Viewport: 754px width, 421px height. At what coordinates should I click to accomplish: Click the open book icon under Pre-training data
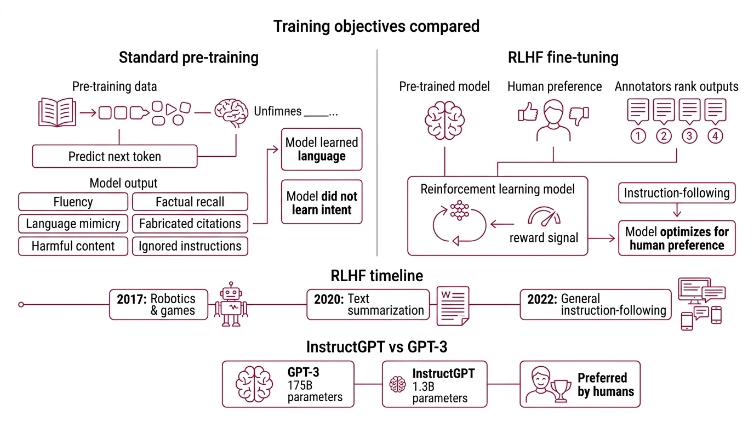pos(58,112)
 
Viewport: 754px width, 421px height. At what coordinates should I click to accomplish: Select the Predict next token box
pos(115,156)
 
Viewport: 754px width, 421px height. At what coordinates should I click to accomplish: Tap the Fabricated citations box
pos(190,224)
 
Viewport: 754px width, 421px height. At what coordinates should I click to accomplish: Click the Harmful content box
pos(73,246)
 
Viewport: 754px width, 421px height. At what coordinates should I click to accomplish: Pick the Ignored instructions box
pos(190,246)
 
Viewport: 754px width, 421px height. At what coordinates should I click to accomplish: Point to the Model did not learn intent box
pos(322,202)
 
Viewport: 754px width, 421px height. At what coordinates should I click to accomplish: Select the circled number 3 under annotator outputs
pos(689,135)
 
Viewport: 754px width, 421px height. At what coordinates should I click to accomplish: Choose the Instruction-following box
pos(677,194)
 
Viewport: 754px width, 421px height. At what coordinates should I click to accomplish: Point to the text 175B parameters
pos(315,391)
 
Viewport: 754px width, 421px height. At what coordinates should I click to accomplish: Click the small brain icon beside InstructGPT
pos(398,384)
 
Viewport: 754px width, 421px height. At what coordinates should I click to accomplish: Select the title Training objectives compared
pos(376,26)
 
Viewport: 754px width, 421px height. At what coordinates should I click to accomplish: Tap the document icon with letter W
pos(453,304)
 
